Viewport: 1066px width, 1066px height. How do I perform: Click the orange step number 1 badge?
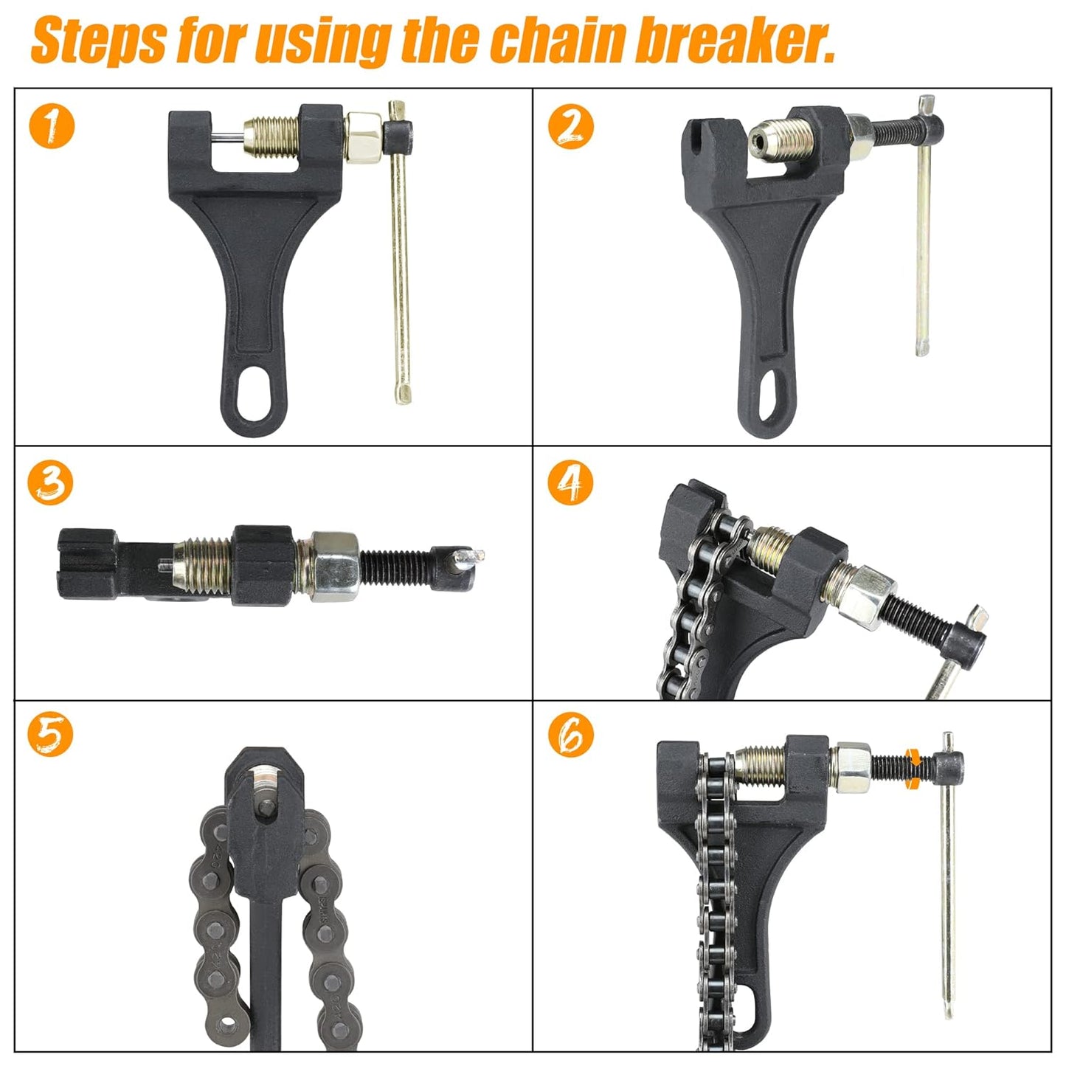(x=52, y=126)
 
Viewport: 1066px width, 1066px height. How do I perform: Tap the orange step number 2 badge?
(x=570, y=126)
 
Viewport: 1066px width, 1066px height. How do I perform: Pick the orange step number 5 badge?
(x=50, y=735)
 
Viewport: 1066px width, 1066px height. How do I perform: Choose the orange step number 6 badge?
(x=570, y=735)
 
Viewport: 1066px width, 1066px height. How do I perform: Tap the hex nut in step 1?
(x=363, y=134)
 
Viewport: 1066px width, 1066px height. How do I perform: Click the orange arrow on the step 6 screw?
(x=913, y=766)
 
